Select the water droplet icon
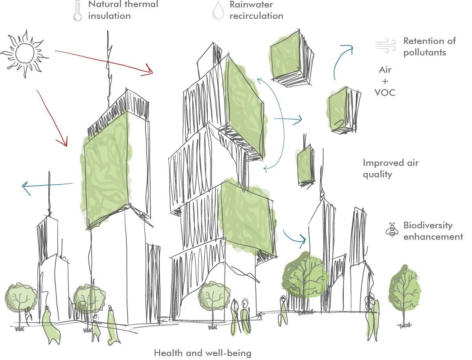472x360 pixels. (218, 10)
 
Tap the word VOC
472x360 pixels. (385, 92)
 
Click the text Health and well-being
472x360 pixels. (203, 353)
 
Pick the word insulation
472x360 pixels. (109, 16)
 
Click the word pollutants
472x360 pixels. (425, 52)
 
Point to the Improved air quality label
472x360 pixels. (391, 168)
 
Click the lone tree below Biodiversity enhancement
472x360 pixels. (404, 293)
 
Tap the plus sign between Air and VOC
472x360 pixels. (385, 81)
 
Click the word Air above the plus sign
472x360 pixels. (385, 70)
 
